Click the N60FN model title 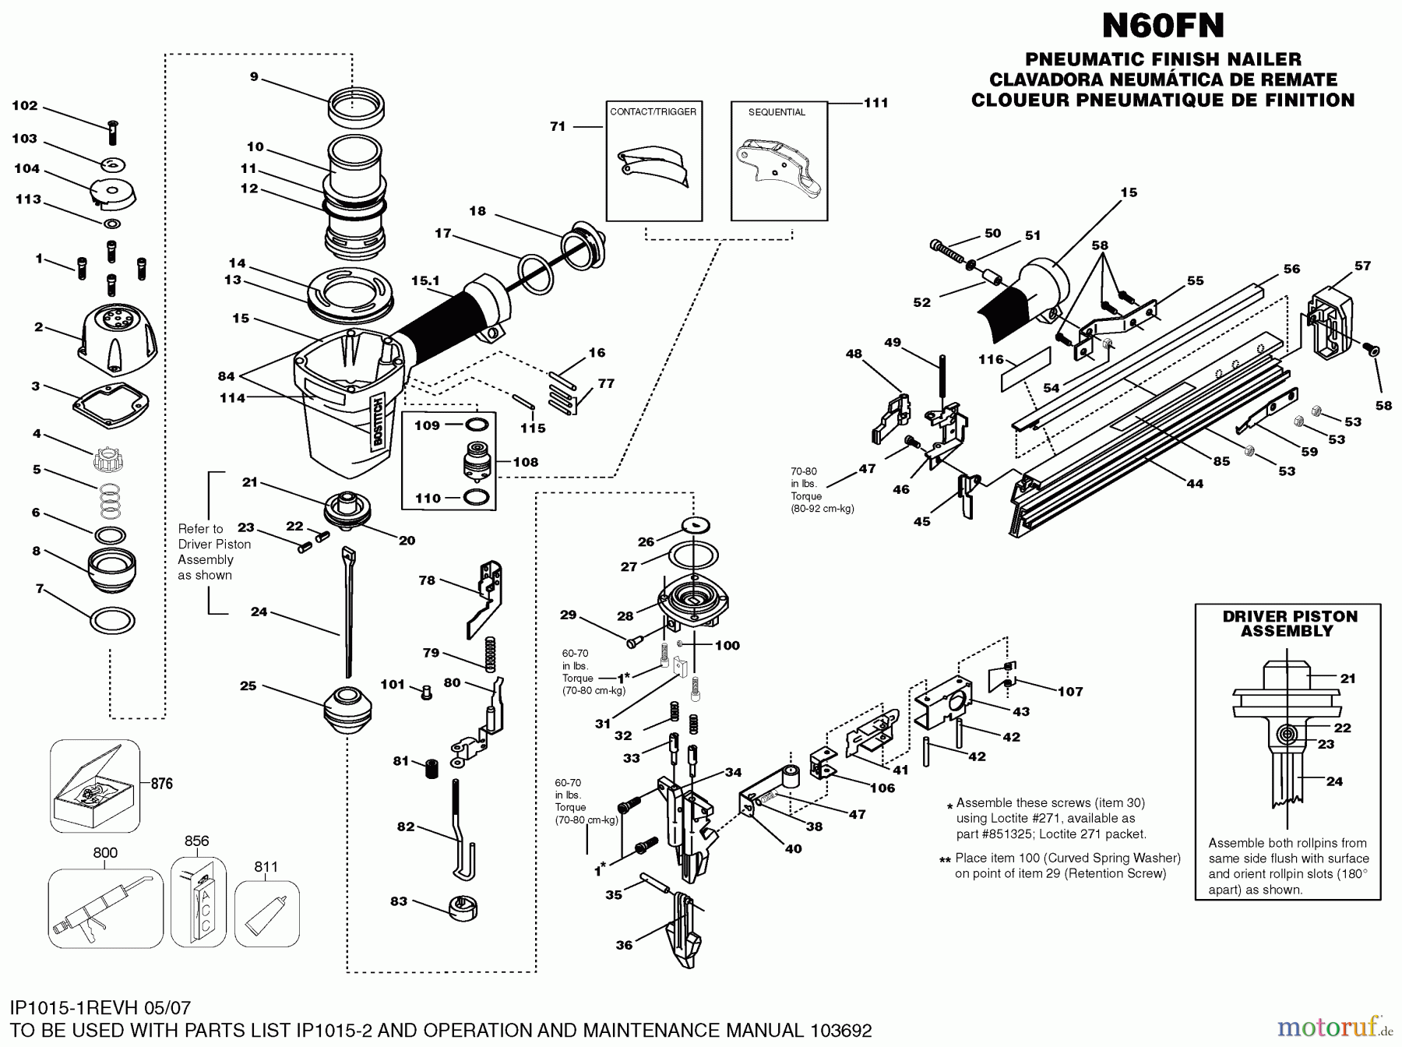pos(1163,26)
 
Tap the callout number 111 pos(876,102)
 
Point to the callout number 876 pos(161,784)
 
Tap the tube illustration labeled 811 pos(266,914)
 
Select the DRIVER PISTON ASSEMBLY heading pos(1289,623)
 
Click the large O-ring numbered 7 pos(113,621)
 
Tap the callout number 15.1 pos(425,280)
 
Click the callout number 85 pos(1221,461)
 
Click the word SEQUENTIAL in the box pos(777,112)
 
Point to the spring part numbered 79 pos(491,653)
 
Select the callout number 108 pos(525,462)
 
